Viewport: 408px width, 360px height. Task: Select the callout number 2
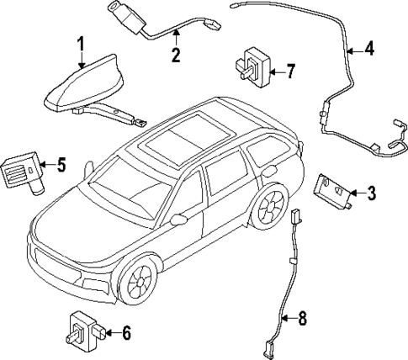coord(176,56)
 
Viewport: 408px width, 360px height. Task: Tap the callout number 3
coord(370,193)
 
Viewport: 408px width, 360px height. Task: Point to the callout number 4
coord(369,50)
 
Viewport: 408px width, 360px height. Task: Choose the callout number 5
coord(61,164)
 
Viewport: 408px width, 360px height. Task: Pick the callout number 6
coord(125,333)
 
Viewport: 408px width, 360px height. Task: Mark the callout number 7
coord(289,71)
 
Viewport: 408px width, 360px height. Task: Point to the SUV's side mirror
coord(178,220)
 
